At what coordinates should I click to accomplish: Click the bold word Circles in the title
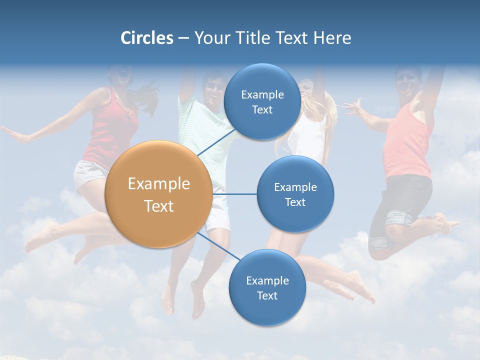146,38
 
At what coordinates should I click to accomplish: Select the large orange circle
158,194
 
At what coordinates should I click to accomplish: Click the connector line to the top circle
216,141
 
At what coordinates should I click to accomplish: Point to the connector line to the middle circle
234,194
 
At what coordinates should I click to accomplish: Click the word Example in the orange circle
158,184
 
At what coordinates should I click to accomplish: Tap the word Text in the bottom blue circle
267,296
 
